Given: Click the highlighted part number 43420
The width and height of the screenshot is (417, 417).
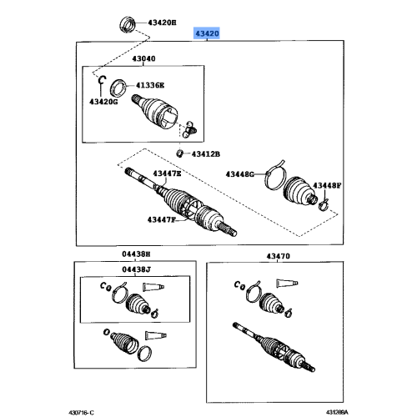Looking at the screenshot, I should tap(207, 33).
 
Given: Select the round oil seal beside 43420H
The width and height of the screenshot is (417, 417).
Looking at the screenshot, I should tap(129, 21).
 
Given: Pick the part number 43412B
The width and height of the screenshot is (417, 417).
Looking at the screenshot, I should tap(205, 153).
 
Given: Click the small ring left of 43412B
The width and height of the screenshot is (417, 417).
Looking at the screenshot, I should tap(179, 153).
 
